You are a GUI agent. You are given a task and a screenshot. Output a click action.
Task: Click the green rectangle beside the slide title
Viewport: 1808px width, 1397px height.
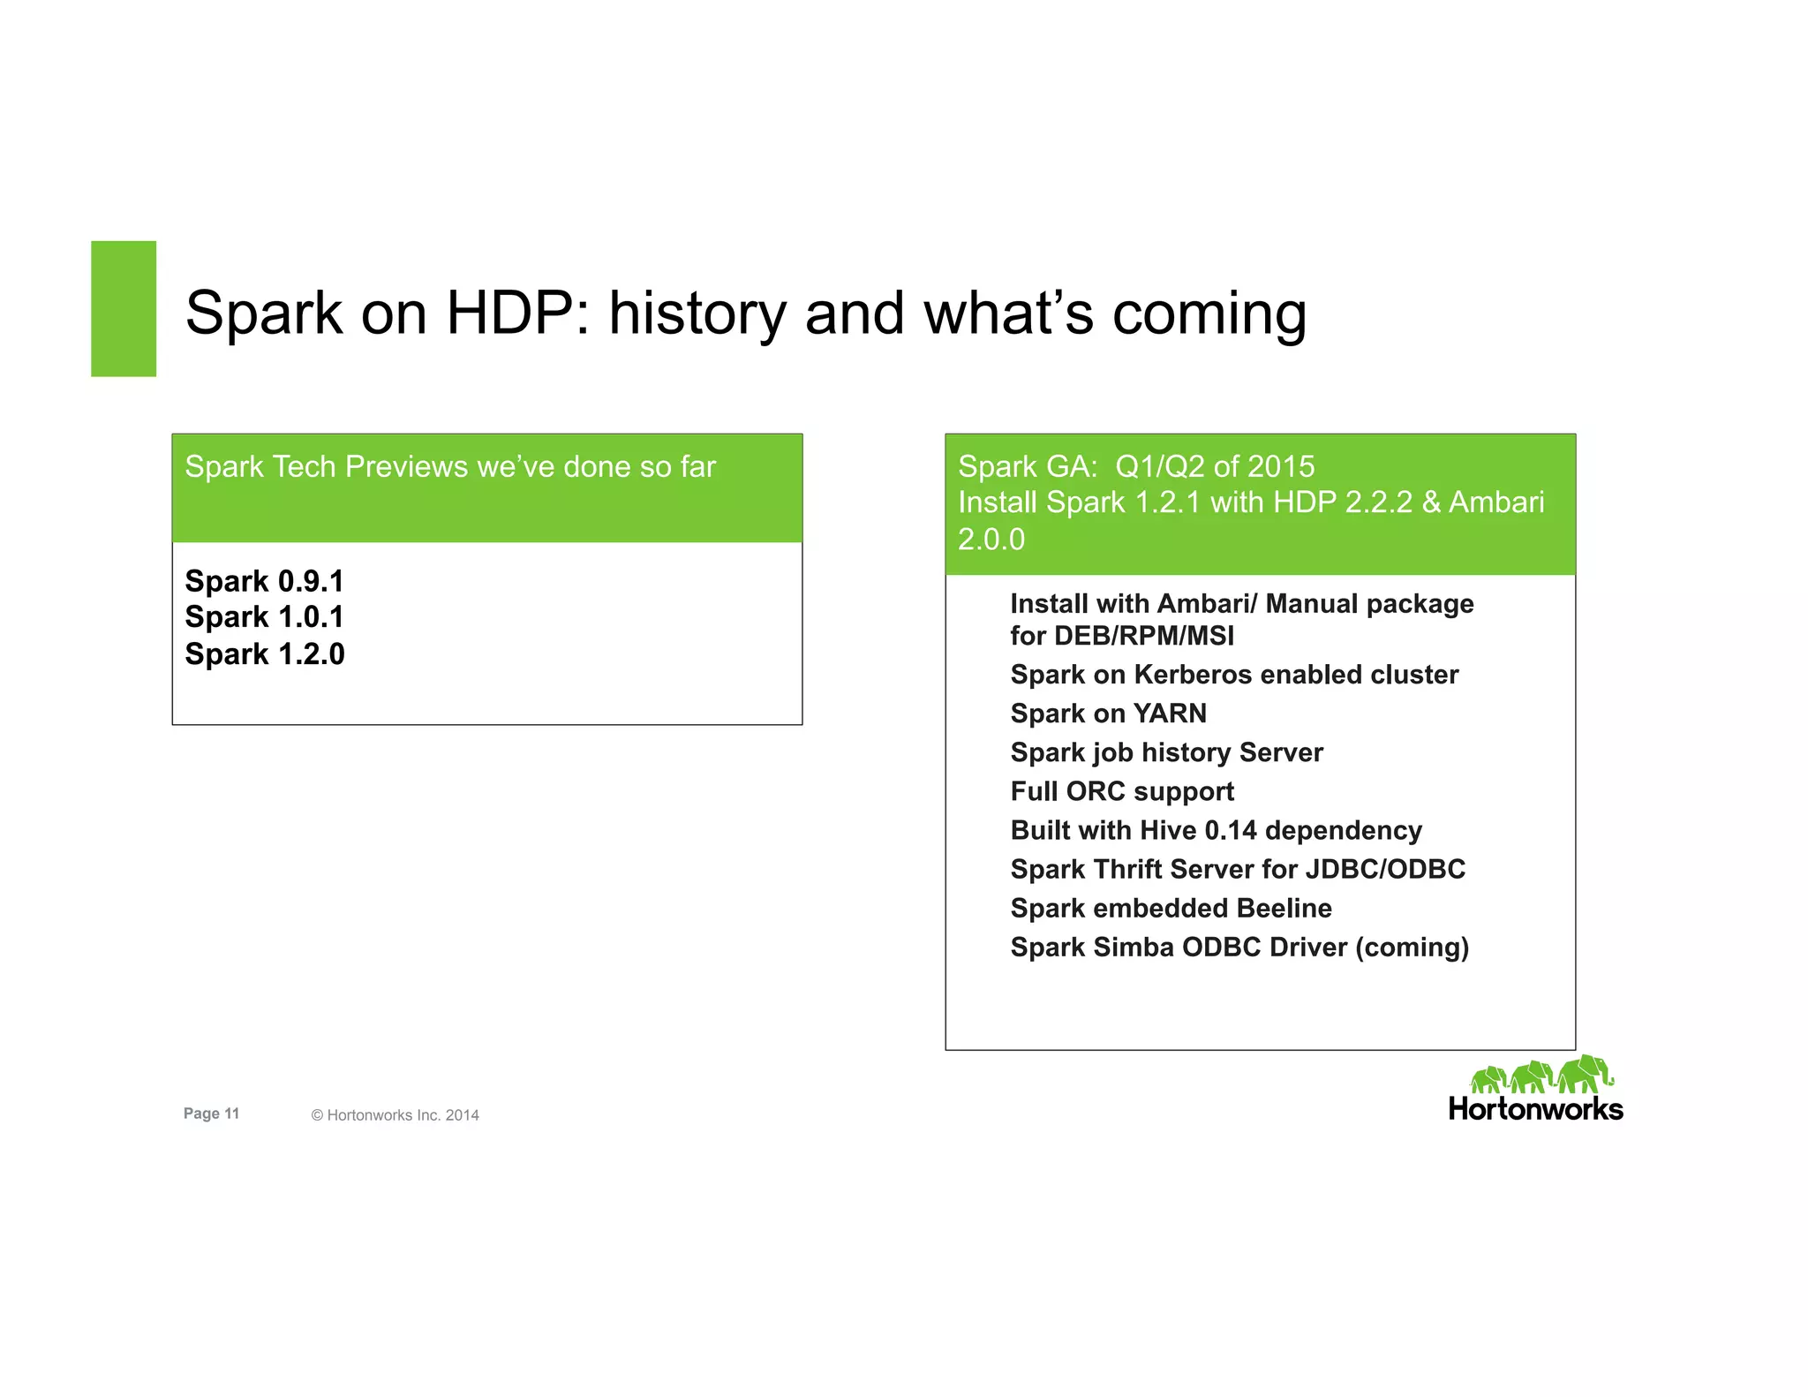[124, 308]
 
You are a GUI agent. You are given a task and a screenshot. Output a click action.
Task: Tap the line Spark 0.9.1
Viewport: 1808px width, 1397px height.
[264, 581]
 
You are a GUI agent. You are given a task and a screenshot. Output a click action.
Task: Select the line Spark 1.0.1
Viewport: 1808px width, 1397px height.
[264, 616]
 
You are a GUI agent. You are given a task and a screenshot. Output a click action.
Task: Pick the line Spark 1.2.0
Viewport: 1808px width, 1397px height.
[264, 653]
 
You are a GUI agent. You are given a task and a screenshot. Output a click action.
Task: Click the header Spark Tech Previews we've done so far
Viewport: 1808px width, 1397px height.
[450, 466]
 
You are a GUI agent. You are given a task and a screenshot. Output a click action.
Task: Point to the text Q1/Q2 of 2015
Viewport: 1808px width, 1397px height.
[1215, 466]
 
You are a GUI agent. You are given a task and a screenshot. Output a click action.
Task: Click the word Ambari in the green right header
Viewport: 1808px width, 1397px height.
[1496, 502]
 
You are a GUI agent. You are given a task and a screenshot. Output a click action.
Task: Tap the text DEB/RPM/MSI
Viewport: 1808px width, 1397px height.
[1144, 636]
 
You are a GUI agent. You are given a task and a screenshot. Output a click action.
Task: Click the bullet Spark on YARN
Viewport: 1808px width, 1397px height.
[1108, 714]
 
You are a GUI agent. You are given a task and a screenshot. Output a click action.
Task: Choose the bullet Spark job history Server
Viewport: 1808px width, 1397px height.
[1166, 752]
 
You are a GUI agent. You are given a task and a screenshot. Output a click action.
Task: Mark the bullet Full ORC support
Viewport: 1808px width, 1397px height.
[1122, 791]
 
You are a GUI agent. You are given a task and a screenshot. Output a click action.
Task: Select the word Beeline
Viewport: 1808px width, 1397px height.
[1284, 908]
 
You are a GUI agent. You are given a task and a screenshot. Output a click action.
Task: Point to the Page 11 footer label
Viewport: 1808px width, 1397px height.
[211, 1114]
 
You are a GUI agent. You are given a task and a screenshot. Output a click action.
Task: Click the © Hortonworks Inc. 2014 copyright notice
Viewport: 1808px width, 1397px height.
[395, 1115]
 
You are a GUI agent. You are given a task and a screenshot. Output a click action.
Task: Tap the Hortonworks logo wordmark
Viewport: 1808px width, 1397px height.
[1535, 1109]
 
